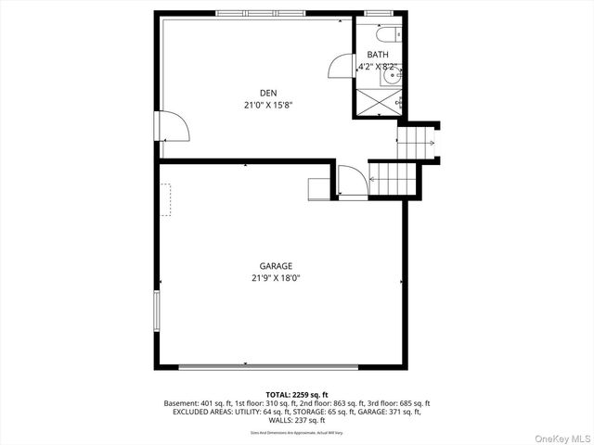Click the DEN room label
click(268, 92)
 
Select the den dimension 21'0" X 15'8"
click(268, 105)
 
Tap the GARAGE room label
click(278, 265)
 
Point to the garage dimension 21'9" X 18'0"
click(278, 277)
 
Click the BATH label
click(377, 55)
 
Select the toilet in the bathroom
click(392, 34)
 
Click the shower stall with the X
click(377, 101)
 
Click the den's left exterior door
click(174, 127)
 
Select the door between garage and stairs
click(352, 181)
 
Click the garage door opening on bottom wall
click(278, 366)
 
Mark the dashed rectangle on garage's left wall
click(165, 199)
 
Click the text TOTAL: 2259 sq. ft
click(297, 395)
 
